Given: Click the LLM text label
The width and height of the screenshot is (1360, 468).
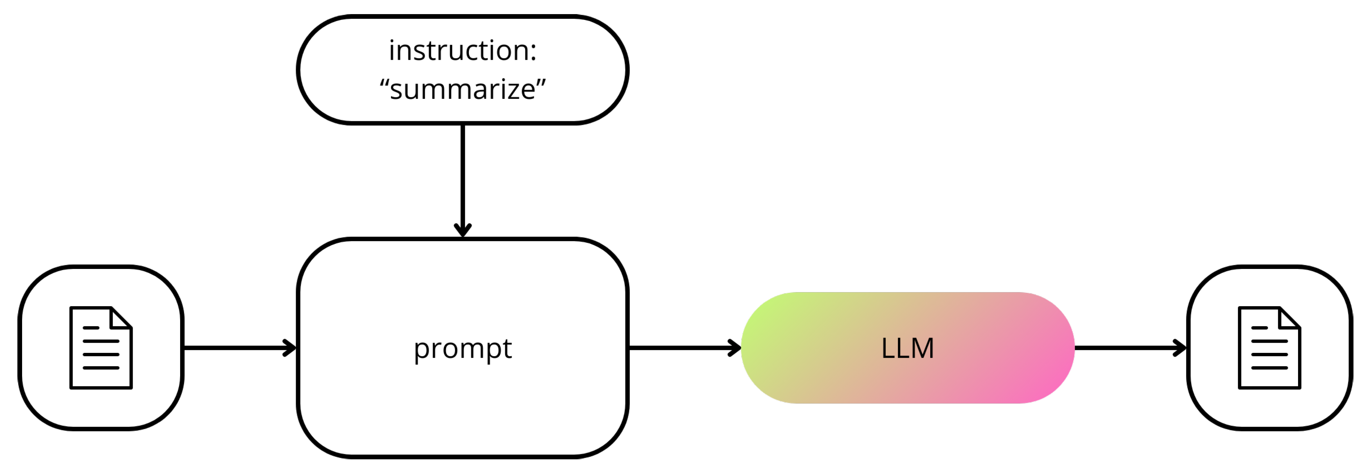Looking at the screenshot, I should pyautogui.click(x=907, y=348).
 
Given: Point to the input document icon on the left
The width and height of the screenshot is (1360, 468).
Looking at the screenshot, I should pyautogui.click(x=101, y=348).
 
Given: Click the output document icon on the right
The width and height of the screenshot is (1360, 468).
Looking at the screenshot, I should pyautogui.click(x=1269, y=348).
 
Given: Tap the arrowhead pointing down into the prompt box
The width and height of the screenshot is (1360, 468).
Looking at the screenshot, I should pyautogui.click(x=462, y=231).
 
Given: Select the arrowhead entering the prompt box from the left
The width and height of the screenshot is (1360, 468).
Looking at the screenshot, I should pyautogui.click(x=290, y=348).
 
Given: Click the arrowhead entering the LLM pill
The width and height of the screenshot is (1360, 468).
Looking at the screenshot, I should pyautogui.click(x=735, y=348).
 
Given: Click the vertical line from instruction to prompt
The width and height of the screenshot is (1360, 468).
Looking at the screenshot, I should pyautogui.click(x=462, y=174).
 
